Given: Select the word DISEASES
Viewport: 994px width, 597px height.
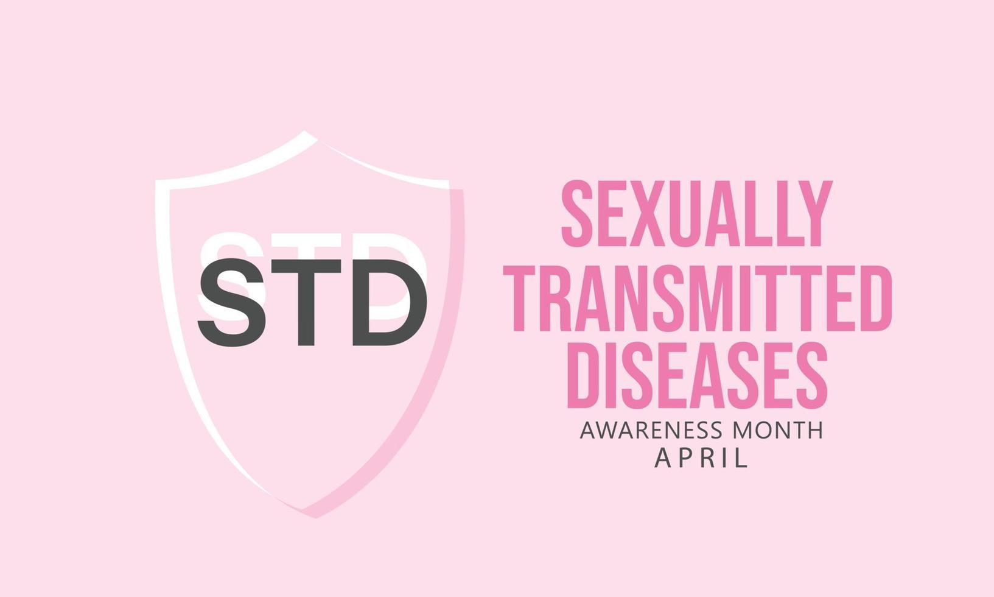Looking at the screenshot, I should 697,375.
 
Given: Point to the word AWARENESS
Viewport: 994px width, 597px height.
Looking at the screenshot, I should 652,430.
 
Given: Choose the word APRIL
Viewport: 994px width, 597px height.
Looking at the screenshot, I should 701,458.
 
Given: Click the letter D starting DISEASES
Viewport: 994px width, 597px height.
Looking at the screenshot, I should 583,375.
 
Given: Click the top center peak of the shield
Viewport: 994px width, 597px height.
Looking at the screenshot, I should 306,133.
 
